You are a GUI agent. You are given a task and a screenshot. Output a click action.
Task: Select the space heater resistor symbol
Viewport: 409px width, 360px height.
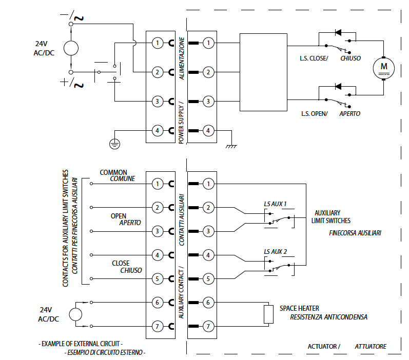(x=268, y=314)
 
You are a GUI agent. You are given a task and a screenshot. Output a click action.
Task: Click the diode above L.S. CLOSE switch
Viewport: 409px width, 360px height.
(x=339, y=33)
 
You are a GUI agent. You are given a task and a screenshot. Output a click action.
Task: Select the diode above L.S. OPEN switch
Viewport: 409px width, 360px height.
(x=339, y=86)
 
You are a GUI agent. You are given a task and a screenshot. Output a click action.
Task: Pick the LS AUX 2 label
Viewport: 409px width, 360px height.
(x=275, y=251)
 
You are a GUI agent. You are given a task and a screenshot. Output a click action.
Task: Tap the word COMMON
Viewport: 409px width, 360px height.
(x=113, y=173)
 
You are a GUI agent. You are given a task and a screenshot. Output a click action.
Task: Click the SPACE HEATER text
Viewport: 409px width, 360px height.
(x=299, y=308)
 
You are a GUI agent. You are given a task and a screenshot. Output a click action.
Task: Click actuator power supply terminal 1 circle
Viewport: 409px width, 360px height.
(x=208, y=43)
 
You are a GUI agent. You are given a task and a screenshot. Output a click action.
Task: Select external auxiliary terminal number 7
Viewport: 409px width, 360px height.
(x=157, y=326)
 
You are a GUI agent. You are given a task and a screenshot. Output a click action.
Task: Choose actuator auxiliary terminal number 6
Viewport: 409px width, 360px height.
(x=208, y=303)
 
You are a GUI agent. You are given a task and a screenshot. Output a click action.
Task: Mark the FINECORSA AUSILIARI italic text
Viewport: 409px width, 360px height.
(x=355, y=233)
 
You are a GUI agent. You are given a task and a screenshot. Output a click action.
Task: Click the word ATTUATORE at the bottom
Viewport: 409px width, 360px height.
(x=371, y=347)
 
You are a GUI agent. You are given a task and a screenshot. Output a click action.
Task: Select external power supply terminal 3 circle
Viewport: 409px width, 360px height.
(x=157, y=102)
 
